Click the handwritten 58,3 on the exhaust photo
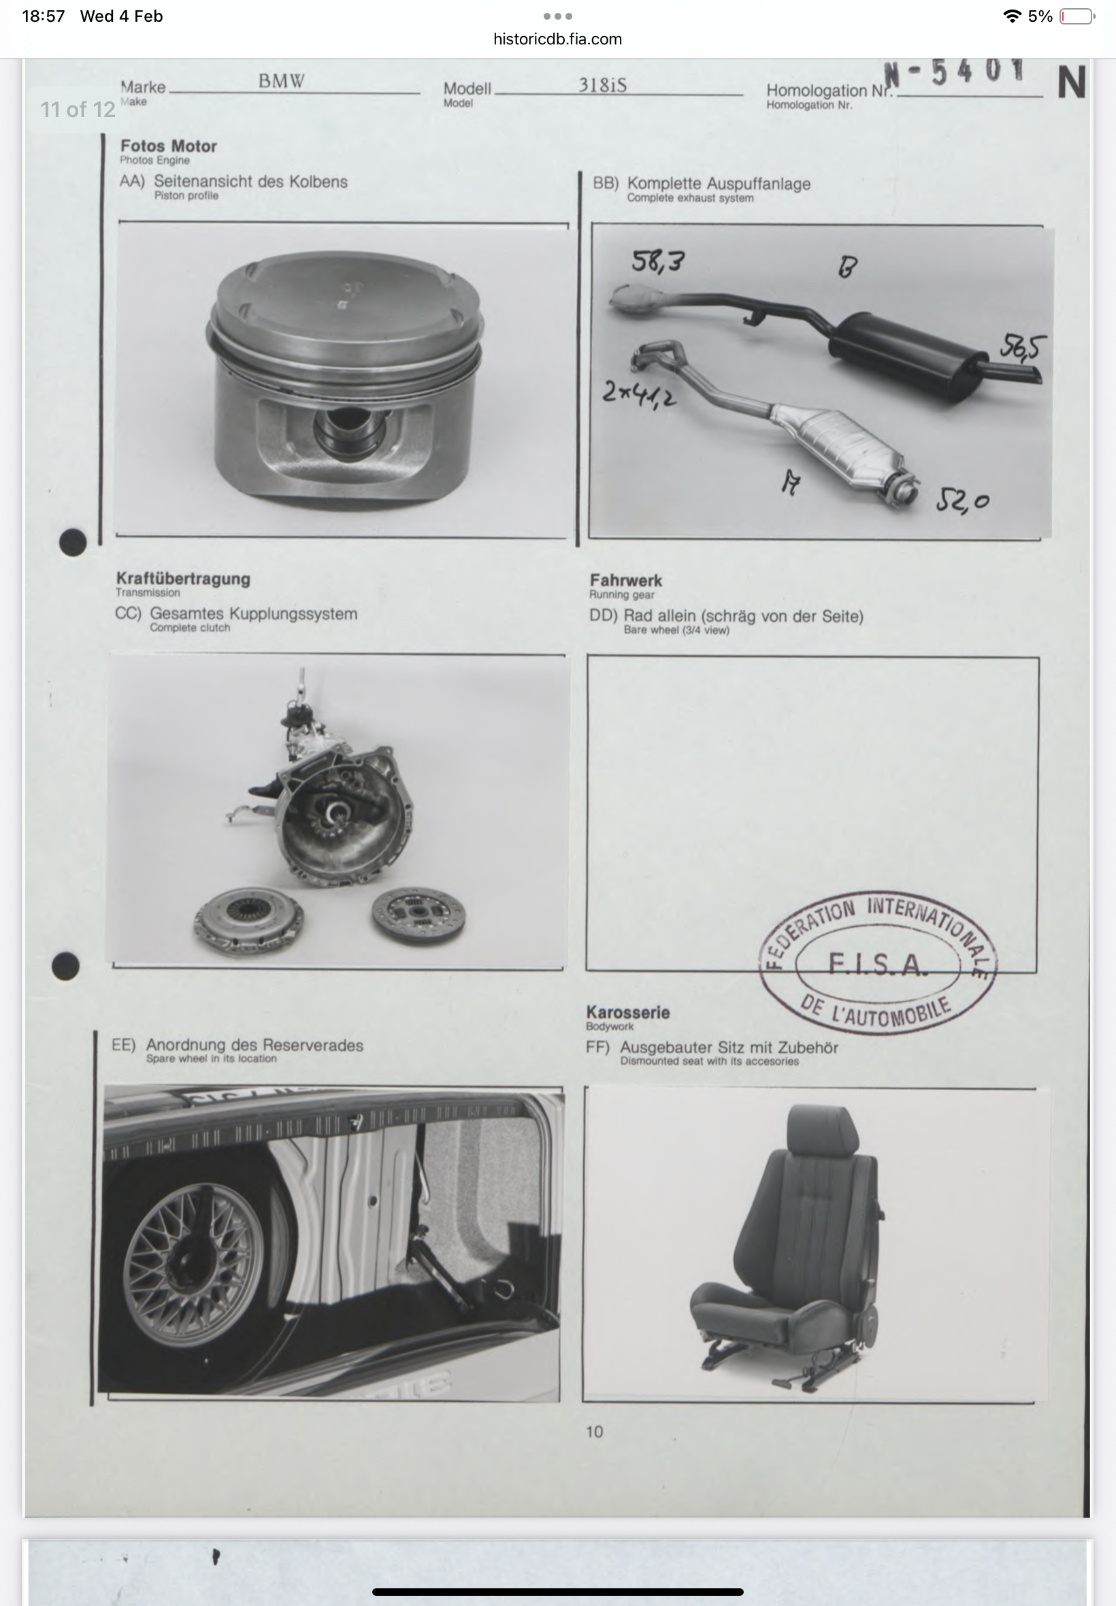(658, 261)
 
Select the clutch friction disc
(418, 916)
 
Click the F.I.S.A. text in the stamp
(879, 965)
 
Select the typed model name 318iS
(602, 84)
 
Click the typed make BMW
(281, 81)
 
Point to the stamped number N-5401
(955, 71)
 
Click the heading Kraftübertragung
(183, 578)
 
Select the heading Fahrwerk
(626, 580)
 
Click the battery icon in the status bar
(1077, 16)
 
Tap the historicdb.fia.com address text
(557, 39)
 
